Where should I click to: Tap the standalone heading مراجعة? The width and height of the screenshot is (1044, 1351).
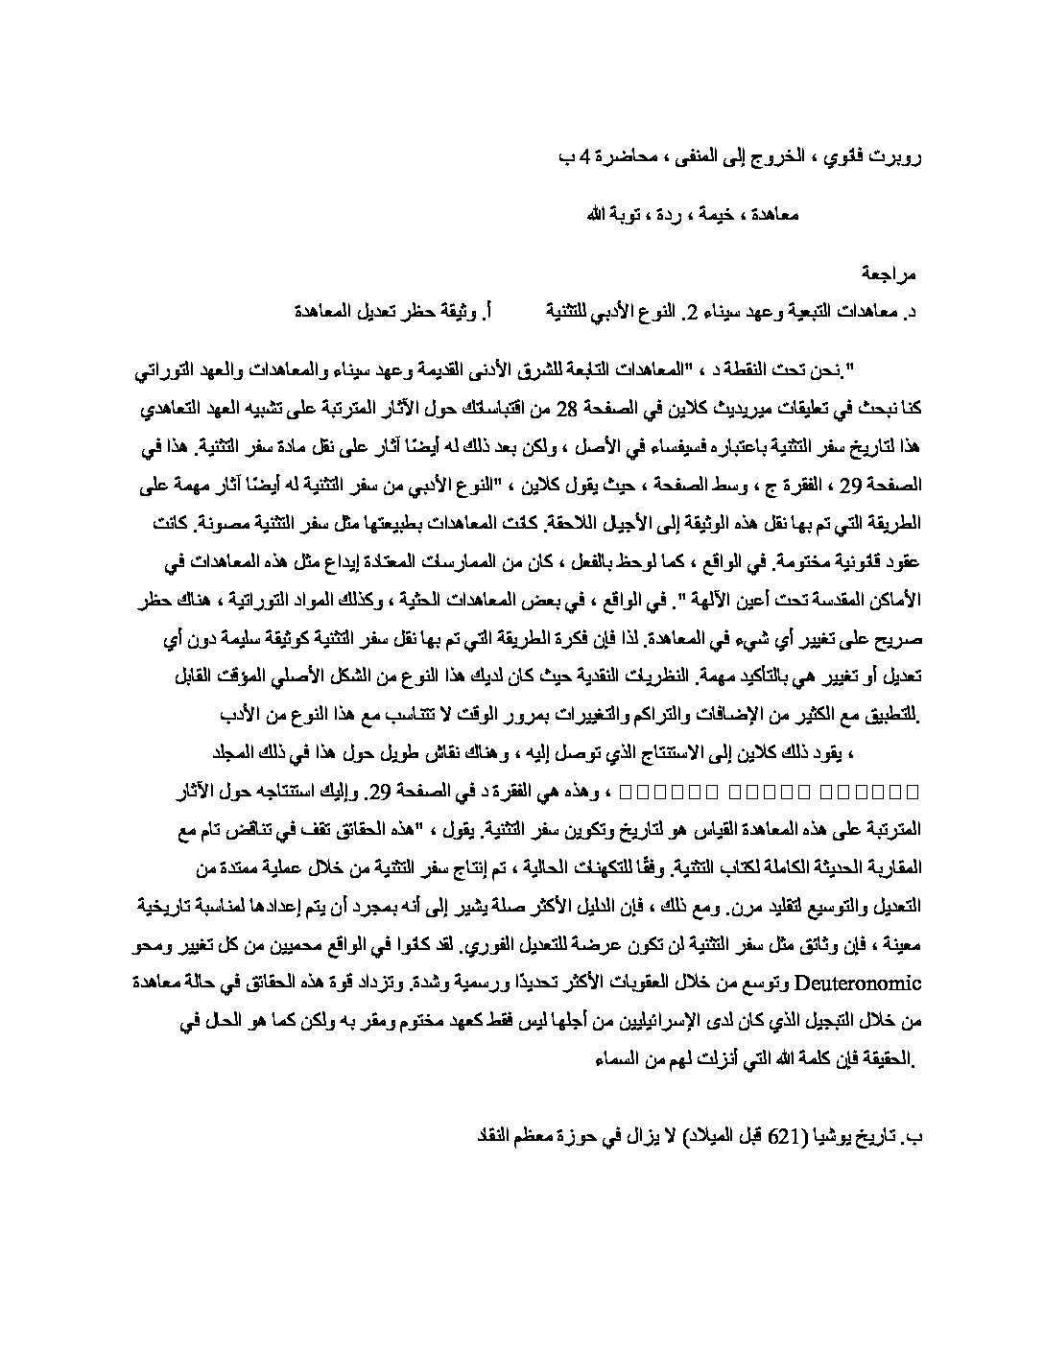point(890,273)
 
